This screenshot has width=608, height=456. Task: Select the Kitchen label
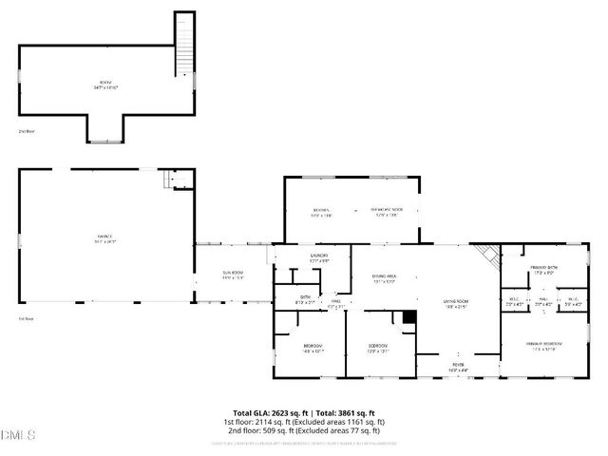tap(322, 211)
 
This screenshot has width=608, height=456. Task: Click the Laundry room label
tap(318, 257)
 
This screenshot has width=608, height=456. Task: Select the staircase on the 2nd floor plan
tap(183, 46)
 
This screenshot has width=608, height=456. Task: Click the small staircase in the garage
tap(172, 179)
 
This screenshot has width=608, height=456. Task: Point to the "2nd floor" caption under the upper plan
tap(27, 130)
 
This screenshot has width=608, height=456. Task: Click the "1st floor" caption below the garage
tap(26, 318)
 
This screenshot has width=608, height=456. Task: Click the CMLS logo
tap(16, 436)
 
